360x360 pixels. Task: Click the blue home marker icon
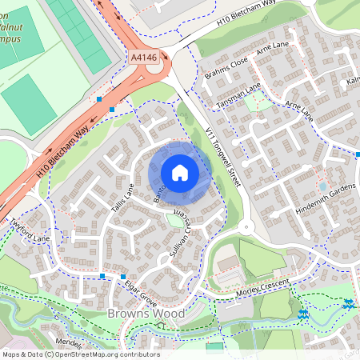tap(180, 173)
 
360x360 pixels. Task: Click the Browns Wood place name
tap(146, 314)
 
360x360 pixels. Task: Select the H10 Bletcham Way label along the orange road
tap(62, 151)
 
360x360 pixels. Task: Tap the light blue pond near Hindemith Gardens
tap(322, 186)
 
